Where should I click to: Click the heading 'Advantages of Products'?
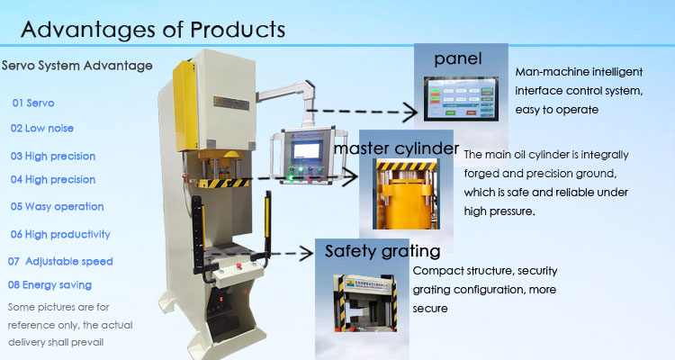click(153, 29)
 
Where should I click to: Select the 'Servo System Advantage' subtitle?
click(77, 66)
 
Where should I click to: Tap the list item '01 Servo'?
click(33, 103)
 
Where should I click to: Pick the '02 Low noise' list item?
click(44, 129)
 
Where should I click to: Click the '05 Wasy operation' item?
click(58, 206)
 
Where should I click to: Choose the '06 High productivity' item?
click(60, 234)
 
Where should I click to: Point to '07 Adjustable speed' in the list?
click(60, 261)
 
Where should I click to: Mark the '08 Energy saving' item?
click(49, 285)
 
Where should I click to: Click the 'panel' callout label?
click(460, 58)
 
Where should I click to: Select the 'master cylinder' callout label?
click(397, 146)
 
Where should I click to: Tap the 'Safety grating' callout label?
click(382, 251)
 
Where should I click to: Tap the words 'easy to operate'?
click(557, 110)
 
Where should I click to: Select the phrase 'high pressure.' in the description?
click(500, 212)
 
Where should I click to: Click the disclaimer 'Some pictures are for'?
click(58, 307)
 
